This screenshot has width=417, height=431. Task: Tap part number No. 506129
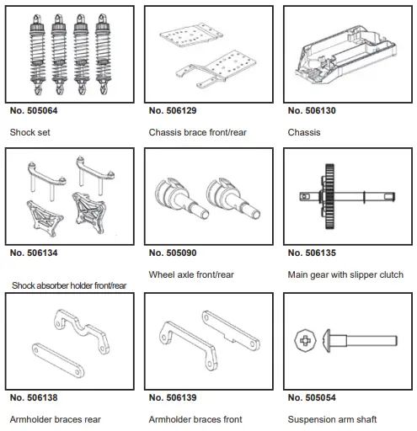173,110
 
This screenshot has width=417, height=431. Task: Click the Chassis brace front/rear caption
197,132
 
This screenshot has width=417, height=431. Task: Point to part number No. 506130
312,110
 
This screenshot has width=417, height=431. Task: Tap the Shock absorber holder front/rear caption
69,285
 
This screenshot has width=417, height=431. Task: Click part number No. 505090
173,253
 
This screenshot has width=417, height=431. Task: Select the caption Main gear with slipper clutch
345,274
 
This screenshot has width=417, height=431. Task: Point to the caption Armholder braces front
195,418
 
